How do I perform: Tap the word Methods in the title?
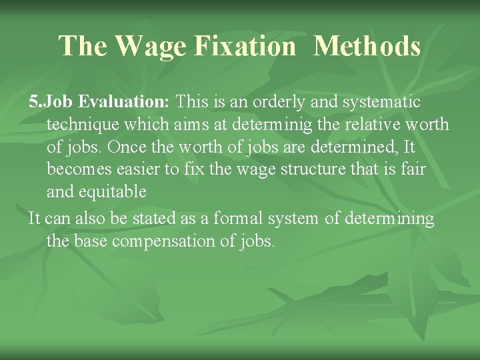pyautogui.click(x=367, y=47)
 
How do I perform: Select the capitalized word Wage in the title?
pyautogui.click(x=148, y=47)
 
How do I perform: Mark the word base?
pyautogui.click(x=90, y=241)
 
